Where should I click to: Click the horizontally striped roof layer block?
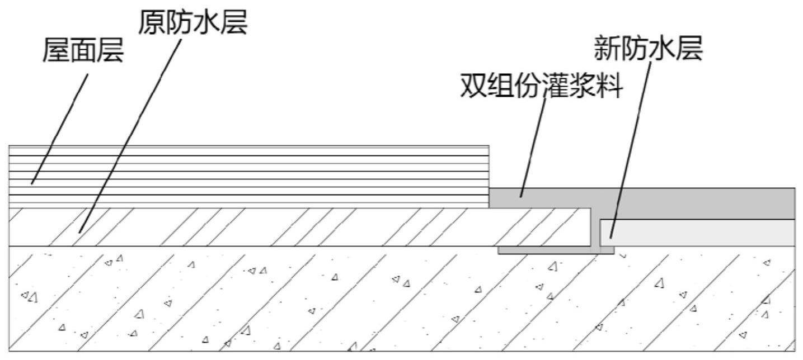click(249, 176)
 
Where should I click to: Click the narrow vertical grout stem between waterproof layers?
click(596, 229)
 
